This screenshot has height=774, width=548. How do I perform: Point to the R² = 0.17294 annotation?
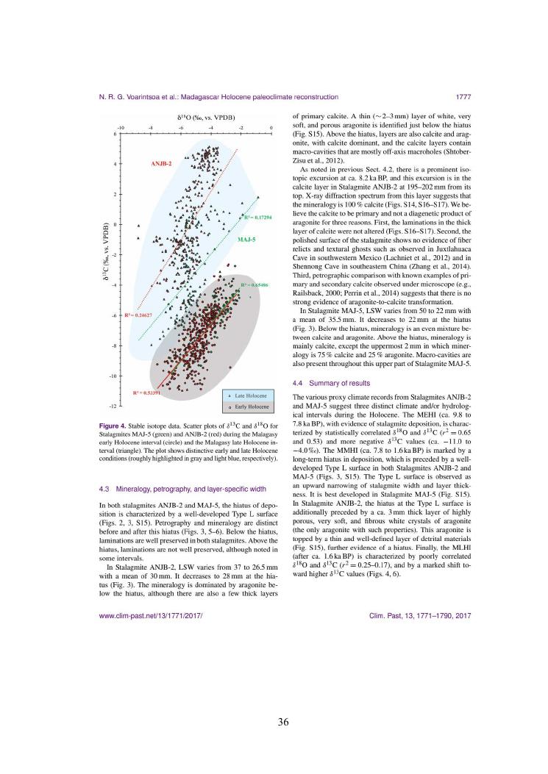coord(257,218)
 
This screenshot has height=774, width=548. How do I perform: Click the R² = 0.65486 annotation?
coord(254,284)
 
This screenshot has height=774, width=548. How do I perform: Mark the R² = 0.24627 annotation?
coord(138,315)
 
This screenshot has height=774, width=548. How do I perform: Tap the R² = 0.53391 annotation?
coord(146,393)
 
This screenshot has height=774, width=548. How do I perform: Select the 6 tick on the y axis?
coord(115,135)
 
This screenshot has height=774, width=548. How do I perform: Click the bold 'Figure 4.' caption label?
coord(114,426)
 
